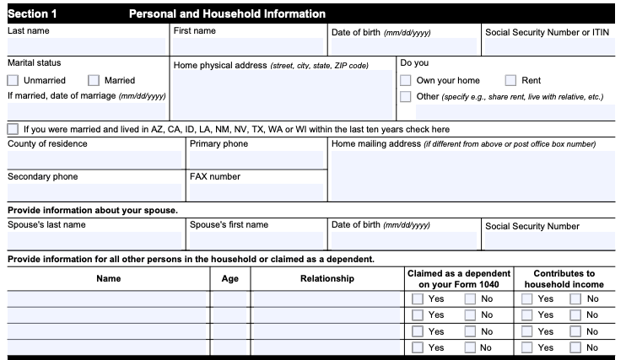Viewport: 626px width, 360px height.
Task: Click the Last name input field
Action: pos(86,46)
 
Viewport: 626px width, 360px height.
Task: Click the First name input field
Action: pos(248,46)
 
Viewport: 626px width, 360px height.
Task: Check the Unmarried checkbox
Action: pos(13,81)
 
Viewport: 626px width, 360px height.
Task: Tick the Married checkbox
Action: pos(94,81)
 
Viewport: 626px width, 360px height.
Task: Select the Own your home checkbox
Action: pos(406,81)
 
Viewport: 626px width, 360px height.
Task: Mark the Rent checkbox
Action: pos(510,81)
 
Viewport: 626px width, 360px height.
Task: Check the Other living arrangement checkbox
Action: pos(406,97)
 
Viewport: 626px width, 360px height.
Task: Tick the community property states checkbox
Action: pos(13,130)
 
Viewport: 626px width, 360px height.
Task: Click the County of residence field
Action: pos(94,159)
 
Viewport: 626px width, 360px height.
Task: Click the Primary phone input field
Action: pos(256,159)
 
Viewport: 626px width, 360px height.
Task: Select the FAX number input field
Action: pos(256,192)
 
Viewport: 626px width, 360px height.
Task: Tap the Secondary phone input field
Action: pos(94,192)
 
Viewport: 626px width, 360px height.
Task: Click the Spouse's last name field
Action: pos(94,240)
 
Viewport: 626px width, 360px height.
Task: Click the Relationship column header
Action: pos(326,279)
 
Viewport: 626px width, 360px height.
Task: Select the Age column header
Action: pos(229,279)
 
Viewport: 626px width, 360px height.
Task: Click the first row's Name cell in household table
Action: pos(108,298)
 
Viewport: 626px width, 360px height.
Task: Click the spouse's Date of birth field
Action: pos(403,240)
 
